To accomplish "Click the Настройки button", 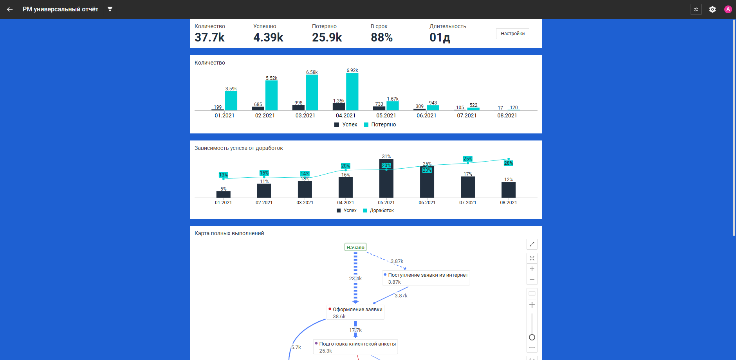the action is tap(512, 34).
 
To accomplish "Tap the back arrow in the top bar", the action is tap(10, 9).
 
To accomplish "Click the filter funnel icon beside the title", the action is tap(110, 9).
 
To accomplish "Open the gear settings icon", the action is tap(713, 9).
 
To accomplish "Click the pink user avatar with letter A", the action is tap(728, 9).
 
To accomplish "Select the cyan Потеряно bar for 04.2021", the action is tap(352, 92).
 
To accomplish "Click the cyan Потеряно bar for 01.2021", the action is tap(231, 101).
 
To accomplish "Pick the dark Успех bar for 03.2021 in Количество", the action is tap(298, 108).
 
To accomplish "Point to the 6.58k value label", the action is tap(312, 72).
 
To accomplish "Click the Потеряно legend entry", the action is tap(380, 124).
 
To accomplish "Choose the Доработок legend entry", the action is tap(378, 211).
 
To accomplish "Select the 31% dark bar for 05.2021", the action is tap(386, 178).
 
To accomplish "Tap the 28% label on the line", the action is tap(509, 163).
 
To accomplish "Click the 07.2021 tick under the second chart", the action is tap(468, 203).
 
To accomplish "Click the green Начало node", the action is tap(355, 247).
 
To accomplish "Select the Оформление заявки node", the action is tap(355, 312).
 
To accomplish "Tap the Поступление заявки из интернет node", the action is tap(426, 278).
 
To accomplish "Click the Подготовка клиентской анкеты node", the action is tap(355, 347).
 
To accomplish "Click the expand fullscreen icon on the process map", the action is tap(532, 244).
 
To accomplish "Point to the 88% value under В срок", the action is tap(382, 38).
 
